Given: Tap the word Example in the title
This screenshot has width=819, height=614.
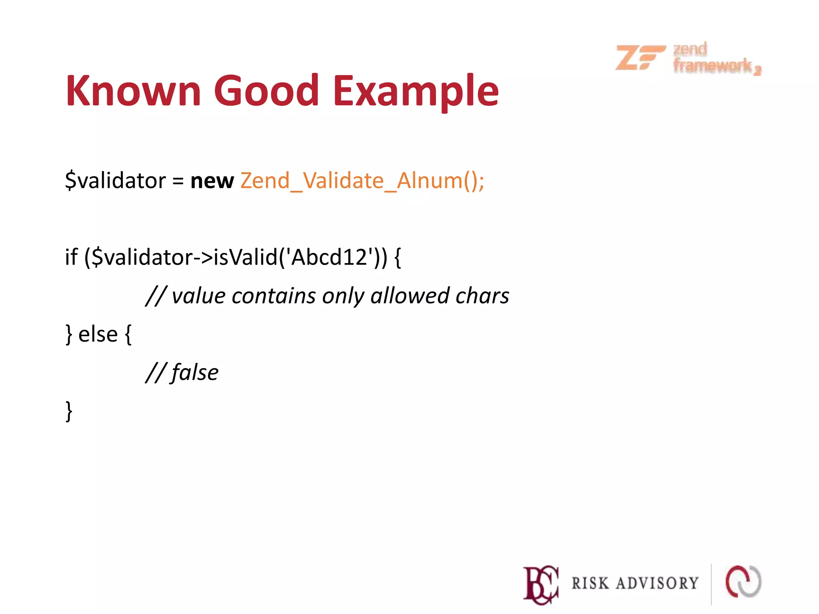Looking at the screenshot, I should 416,92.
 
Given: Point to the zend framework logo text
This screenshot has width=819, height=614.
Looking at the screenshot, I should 716,58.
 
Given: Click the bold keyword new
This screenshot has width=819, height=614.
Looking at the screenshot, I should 212,181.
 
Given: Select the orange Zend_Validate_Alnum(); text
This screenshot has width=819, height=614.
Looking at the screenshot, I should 362,181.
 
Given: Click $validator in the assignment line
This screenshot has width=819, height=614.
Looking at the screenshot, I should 115,181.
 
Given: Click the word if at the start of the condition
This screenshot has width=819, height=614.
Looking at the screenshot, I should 71,257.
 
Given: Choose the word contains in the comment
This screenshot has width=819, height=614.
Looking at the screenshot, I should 274,296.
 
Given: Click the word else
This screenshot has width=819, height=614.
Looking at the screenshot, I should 98,334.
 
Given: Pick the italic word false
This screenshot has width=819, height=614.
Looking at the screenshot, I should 195,373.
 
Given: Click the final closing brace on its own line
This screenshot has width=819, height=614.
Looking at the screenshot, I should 69,411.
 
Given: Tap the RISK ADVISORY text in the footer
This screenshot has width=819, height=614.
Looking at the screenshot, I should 635,584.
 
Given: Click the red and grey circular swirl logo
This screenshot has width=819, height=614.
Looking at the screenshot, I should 743,582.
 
